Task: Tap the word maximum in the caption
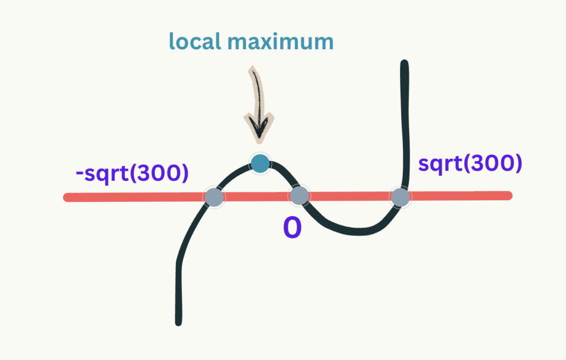[x=283, y=41]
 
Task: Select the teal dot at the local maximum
[x=260, y=163]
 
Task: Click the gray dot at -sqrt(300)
[x=213, y=196]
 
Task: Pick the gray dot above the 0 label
[x=299, y=196]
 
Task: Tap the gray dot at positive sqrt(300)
[x=400, y=196]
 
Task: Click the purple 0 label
[x=292, y=227]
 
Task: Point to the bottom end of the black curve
[x=179, y=321]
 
